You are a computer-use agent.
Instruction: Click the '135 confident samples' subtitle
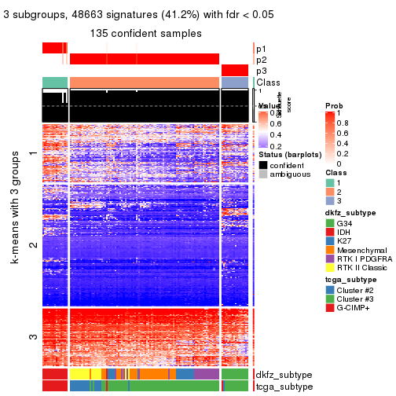point(146,34)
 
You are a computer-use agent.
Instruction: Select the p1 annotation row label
point(261,49)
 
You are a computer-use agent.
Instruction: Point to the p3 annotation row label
point(261,71)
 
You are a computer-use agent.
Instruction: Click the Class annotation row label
point(269,82)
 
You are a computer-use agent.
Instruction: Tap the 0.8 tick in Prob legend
point(344,123)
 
